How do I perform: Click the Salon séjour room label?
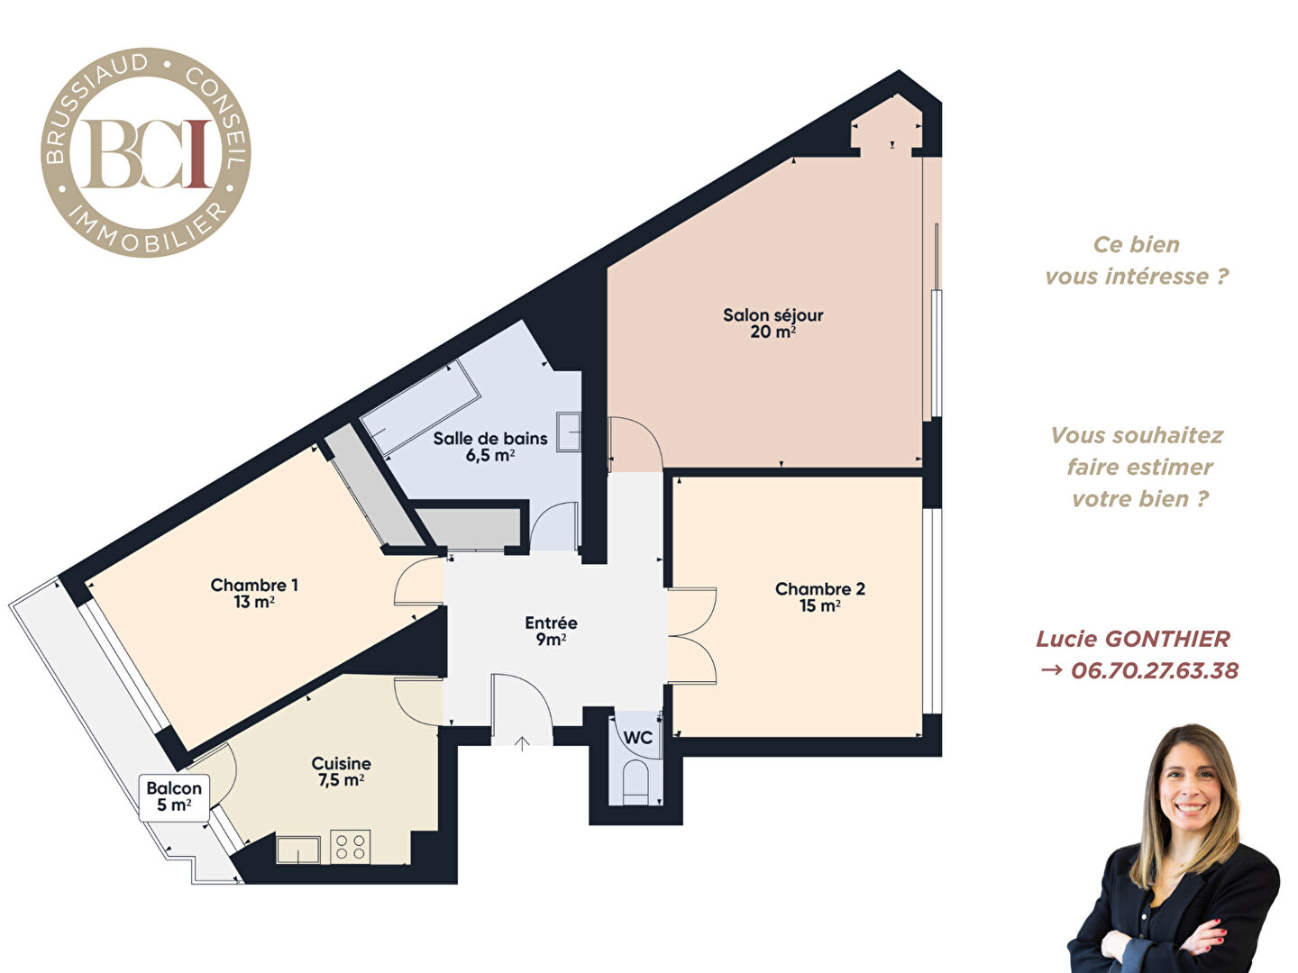772,323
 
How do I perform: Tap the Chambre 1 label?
254,593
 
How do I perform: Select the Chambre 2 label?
820,596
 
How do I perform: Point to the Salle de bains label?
490,447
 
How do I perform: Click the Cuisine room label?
342,771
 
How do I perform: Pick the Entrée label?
551,631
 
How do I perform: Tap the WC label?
638,737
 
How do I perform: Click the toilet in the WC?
636,782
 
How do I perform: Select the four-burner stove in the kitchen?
351,847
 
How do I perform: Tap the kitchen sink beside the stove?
298,850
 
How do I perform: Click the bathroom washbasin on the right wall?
569,432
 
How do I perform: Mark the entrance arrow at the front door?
522,744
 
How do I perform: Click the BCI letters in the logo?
146,153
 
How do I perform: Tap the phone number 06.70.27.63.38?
1155,671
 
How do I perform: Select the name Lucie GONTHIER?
1133,640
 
